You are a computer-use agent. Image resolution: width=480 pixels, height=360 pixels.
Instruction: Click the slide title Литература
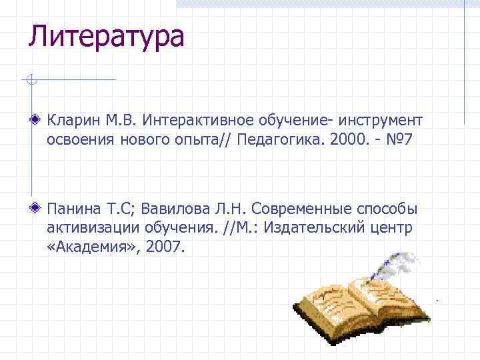(105, 36)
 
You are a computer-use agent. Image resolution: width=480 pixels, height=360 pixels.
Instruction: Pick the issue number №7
(402, 140)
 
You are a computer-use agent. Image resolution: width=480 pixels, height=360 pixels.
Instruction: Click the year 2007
(164, 247)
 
